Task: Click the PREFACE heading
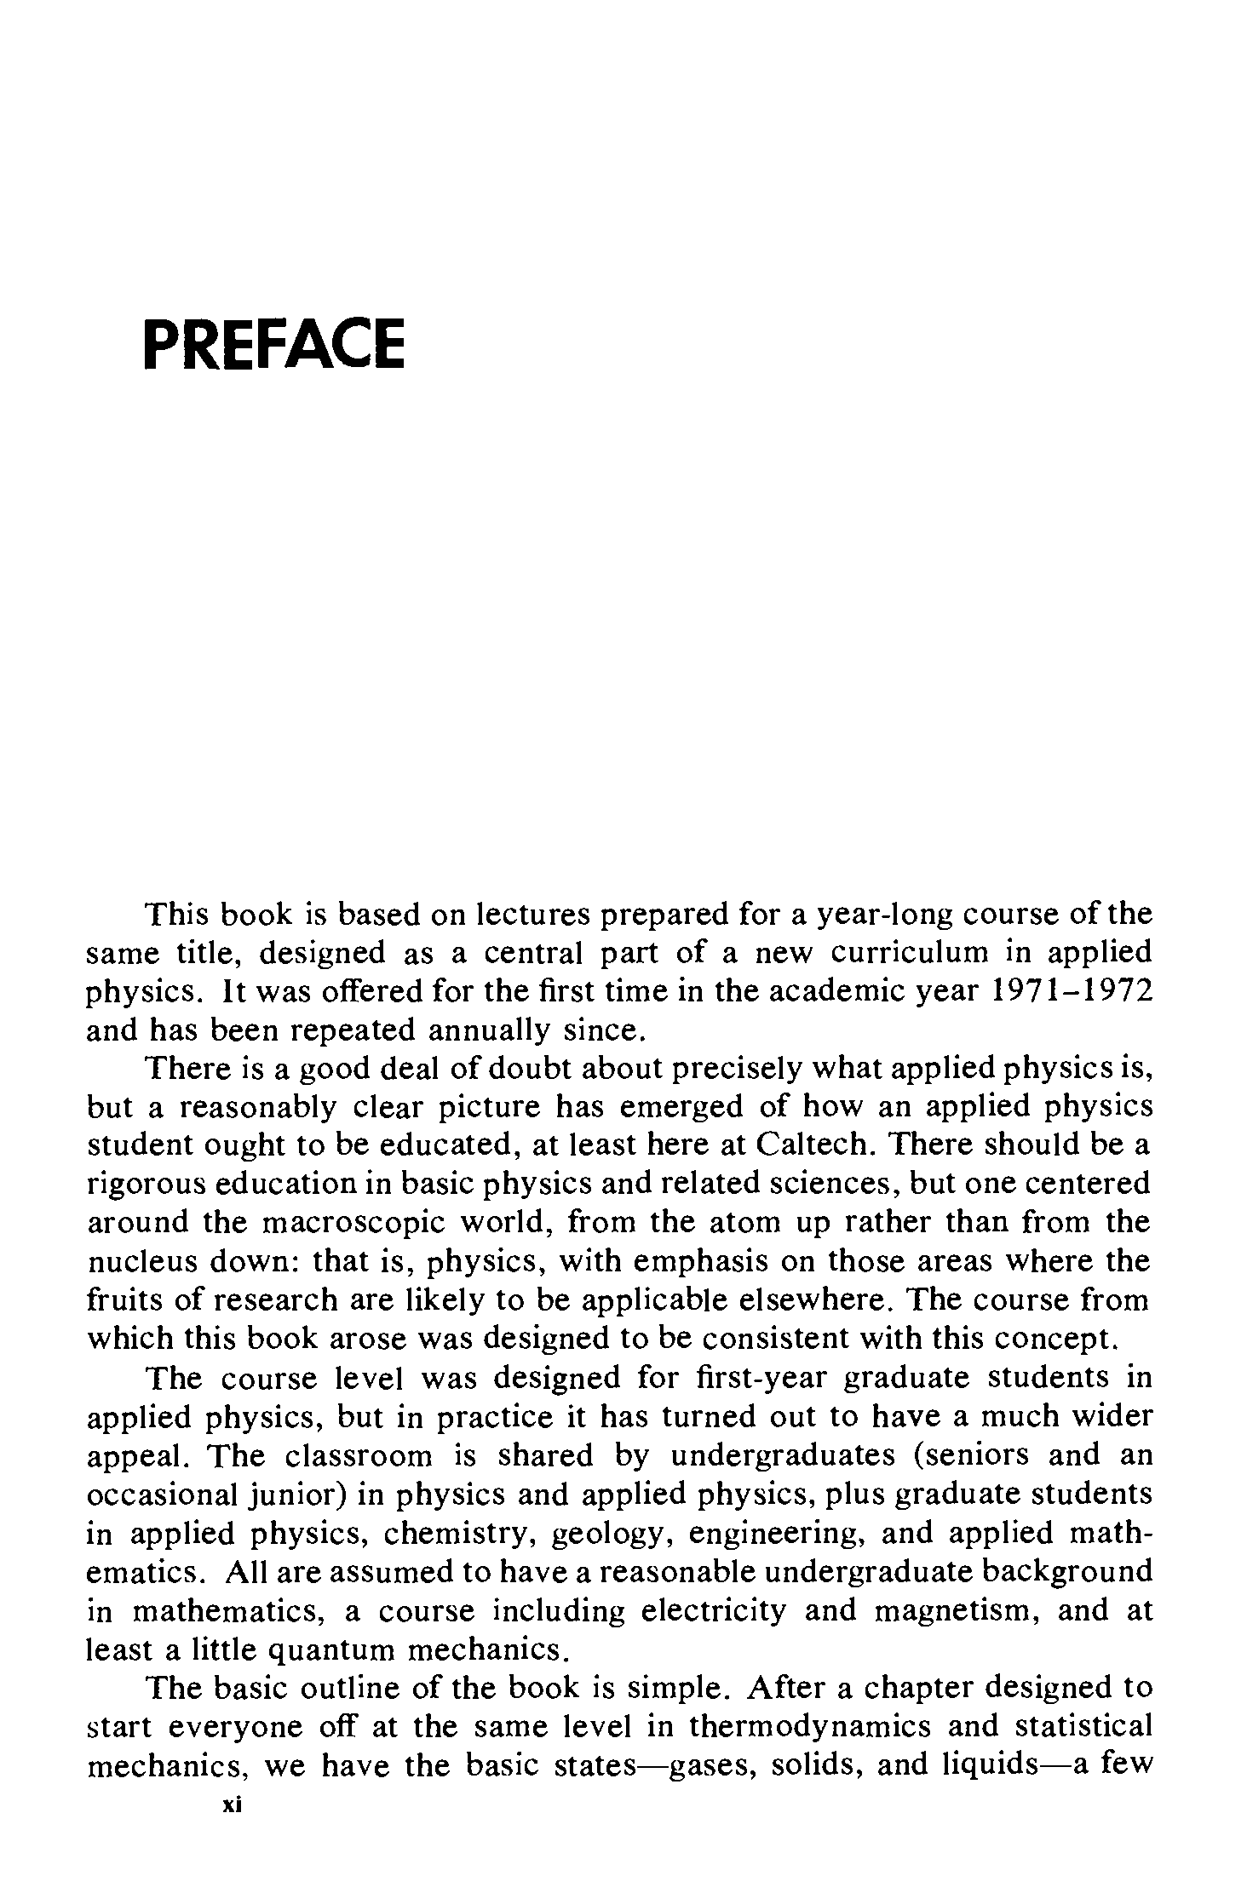tap(273, 343)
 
